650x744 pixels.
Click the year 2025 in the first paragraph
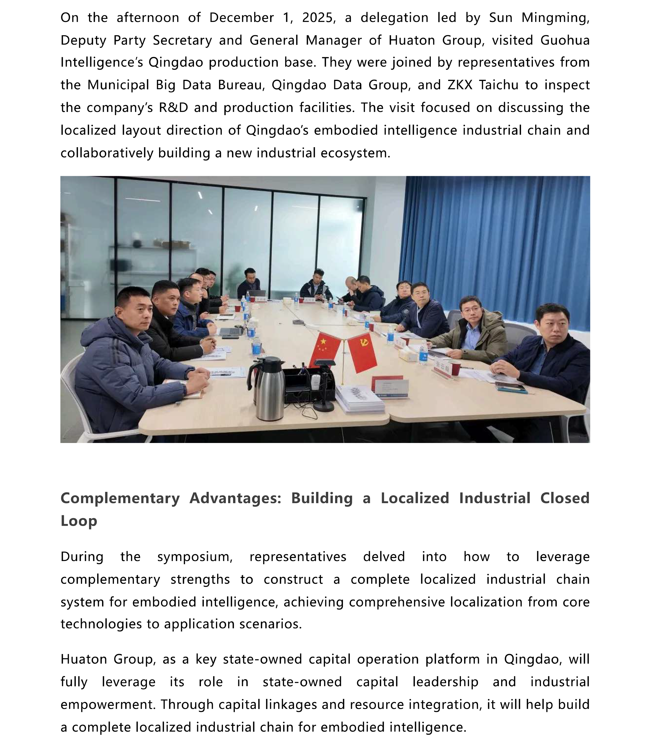click(x=316, y=18)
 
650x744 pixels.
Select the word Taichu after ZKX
click(x=498, y=85)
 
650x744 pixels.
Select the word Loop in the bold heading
click(x=79, y=521)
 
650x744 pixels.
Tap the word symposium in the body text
click(x=195, y=556)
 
